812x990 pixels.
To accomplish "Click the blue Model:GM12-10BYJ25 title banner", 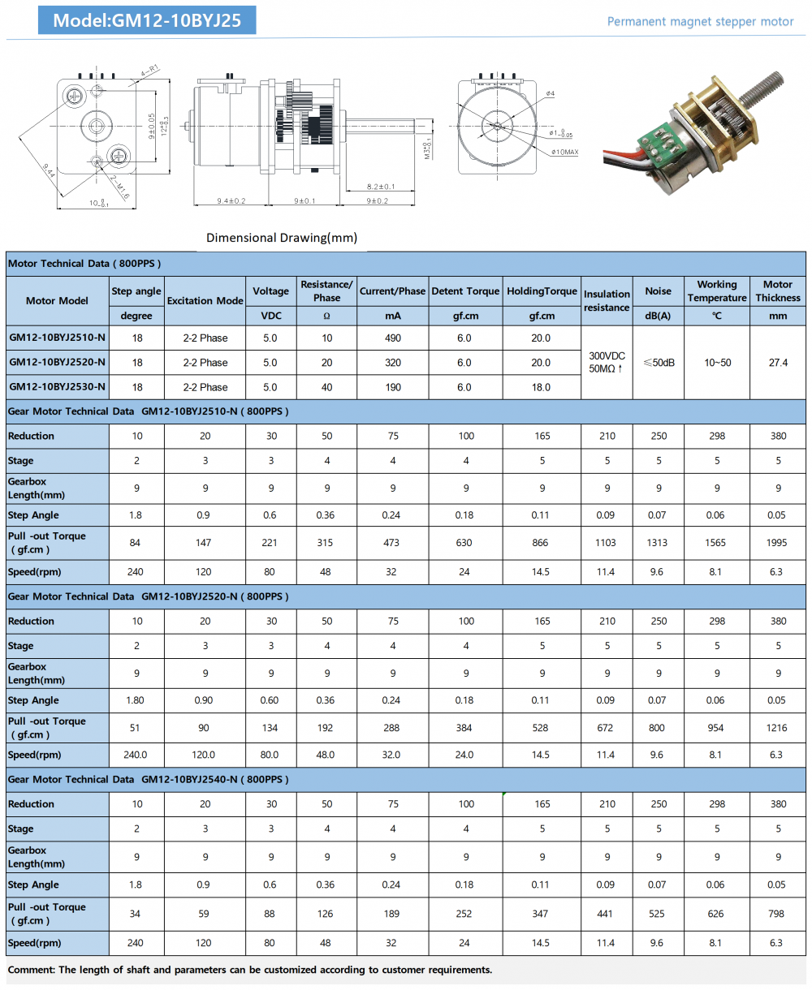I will [x=147, y=20].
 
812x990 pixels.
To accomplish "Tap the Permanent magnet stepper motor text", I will [x=700, y=22].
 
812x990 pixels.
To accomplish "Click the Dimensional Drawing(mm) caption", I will [x=281, y=238].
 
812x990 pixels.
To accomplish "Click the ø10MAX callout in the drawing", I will [x=564, y=152].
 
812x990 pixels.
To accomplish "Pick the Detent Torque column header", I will [x=465, y=291].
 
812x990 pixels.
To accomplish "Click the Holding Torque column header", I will [x=542, y=291].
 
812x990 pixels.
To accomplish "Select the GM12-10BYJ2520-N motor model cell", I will [x=57, y=363].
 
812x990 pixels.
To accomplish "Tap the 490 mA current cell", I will [x=393, y=338].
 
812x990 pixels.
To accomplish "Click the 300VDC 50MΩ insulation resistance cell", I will [x=607, y=363].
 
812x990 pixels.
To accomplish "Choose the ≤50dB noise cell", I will [x=659, y=363].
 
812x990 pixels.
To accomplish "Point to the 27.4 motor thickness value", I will [x=778, y=363].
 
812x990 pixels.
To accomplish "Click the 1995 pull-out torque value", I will [x=776, y=543].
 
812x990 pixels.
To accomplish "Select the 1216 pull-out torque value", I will [x=776, y=728].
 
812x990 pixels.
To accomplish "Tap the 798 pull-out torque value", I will [x=776, y=914].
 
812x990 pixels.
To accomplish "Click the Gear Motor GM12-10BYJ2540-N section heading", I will [x=149, y=780].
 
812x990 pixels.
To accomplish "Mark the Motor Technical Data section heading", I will [x=84, y=264].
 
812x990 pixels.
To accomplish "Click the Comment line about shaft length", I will [x=250, y=970].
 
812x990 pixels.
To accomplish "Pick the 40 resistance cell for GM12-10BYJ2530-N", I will [x=326, y=387].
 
